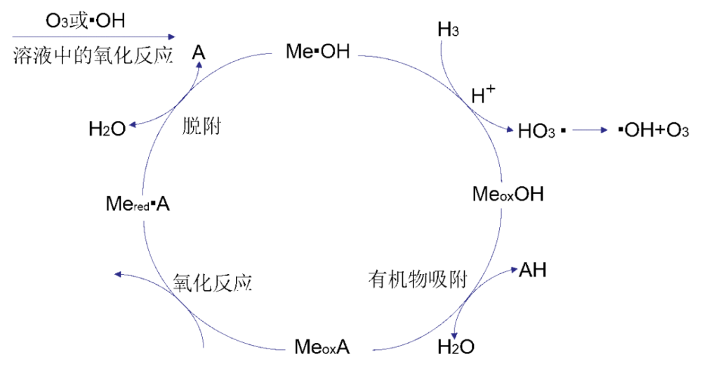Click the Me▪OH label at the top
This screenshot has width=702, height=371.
317,52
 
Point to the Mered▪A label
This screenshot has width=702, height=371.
138,204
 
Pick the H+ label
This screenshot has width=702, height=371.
483,95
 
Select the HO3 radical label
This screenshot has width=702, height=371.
541,130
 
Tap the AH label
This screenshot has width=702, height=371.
532,270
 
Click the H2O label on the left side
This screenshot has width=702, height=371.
107,129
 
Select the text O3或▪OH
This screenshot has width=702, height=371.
85,21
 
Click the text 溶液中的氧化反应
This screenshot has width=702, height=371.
93,56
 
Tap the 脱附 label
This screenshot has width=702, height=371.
201,126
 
